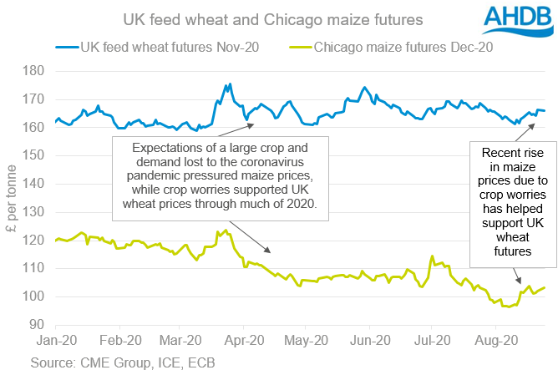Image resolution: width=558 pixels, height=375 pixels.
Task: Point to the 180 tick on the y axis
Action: [x=38, y=71]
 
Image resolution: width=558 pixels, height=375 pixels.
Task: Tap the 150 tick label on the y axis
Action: [x=38, y=155]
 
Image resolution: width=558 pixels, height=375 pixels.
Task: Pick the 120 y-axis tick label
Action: [x=38, y=241]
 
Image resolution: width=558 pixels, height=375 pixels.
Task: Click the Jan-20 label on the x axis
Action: [x=55, y=341]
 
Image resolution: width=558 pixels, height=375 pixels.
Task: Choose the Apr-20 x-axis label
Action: [x=243, y=341]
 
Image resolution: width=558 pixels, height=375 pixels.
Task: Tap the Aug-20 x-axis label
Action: [x=494, y=341]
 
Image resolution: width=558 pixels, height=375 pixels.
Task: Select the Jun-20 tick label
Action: [x=368, y=341]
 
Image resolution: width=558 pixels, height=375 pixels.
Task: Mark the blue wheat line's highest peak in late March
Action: [x=230, y=84]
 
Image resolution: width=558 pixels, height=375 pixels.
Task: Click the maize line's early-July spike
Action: [x=432, y=256]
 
